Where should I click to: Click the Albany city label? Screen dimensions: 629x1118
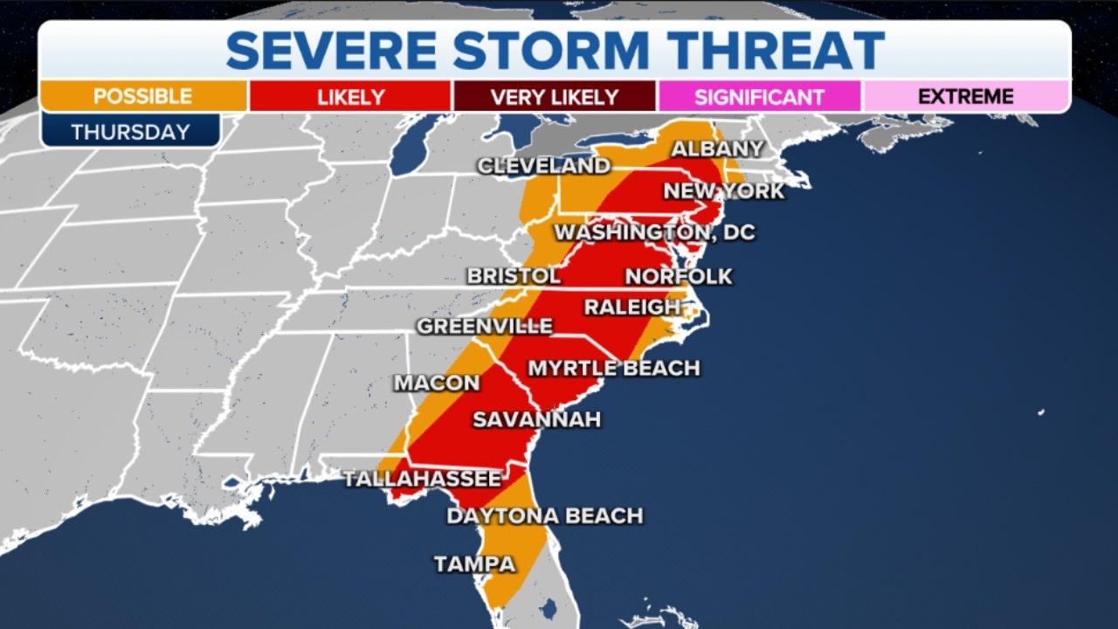tap(716, 149)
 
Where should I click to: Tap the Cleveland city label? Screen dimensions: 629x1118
tap(543, 165)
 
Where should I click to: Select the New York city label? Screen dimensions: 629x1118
tap(724, 190)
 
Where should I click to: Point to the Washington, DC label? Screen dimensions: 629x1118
tap(654, 232)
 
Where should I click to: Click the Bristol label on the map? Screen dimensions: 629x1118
tap(514, 276)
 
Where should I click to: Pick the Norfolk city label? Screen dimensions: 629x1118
tap(679, 277)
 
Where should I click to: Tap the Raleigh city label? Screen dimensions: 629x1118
tap(631, 308)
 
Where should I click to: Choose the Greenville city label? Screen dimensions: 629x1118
tap(485, 327)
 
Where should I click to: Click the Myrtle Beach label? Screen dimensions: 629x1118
tap(613, 369)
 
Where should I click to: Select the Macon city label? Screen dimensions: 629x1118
tap(437, 383)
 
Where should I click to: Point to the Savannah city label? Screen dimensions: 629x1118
tap(536, 419)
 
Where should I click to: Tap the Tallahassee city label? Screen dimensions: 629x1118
tap(423, 479)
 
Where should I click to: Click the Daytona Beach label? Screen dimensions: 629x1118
tap(544, 516)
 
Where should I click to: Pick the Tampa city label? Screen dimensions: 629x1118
tap(474, 564)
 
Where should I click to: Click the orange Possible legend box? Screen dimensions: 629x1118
tap(143, 96)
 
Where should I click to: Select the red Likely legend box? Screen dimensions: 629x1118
tap(349, 96)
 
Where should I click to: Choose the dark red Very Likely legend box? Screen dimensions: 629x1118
tap(554, 96)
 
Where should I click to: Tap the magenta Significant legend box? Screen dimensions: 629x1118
tap(759, 96)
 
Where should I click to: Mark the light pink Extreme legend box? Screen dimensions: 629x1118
tap(965, 96)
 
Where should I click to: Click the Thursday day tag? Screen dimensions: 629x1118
tap(130, 132)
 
